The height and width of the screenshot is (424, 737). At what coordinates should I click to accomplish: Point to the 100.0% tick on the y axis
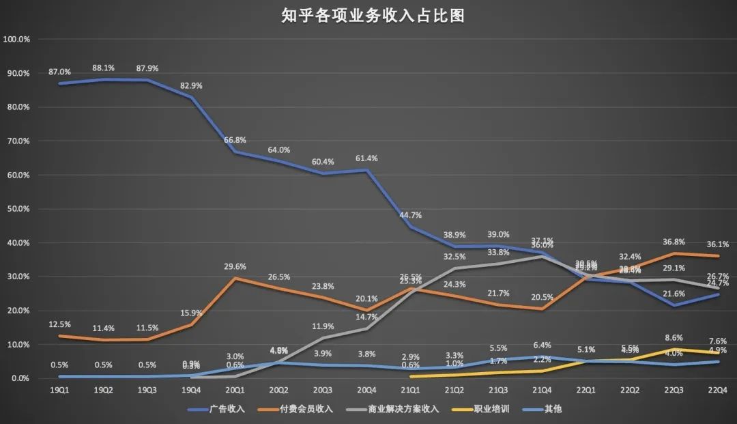(x=16, y=40)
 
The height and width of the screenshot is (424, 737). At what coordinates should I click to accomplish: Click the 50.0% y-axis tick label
(x=16, y=209)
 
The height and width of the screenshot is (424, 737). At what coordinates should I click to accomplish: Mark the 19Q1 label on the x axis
(x=60, y=390)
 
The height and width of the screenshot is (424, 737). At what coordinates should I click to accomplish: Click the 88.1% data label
(x=104, y=68)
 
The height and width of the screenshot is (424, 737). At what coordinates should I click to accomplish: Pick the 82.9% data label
(x=192, y=85)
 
